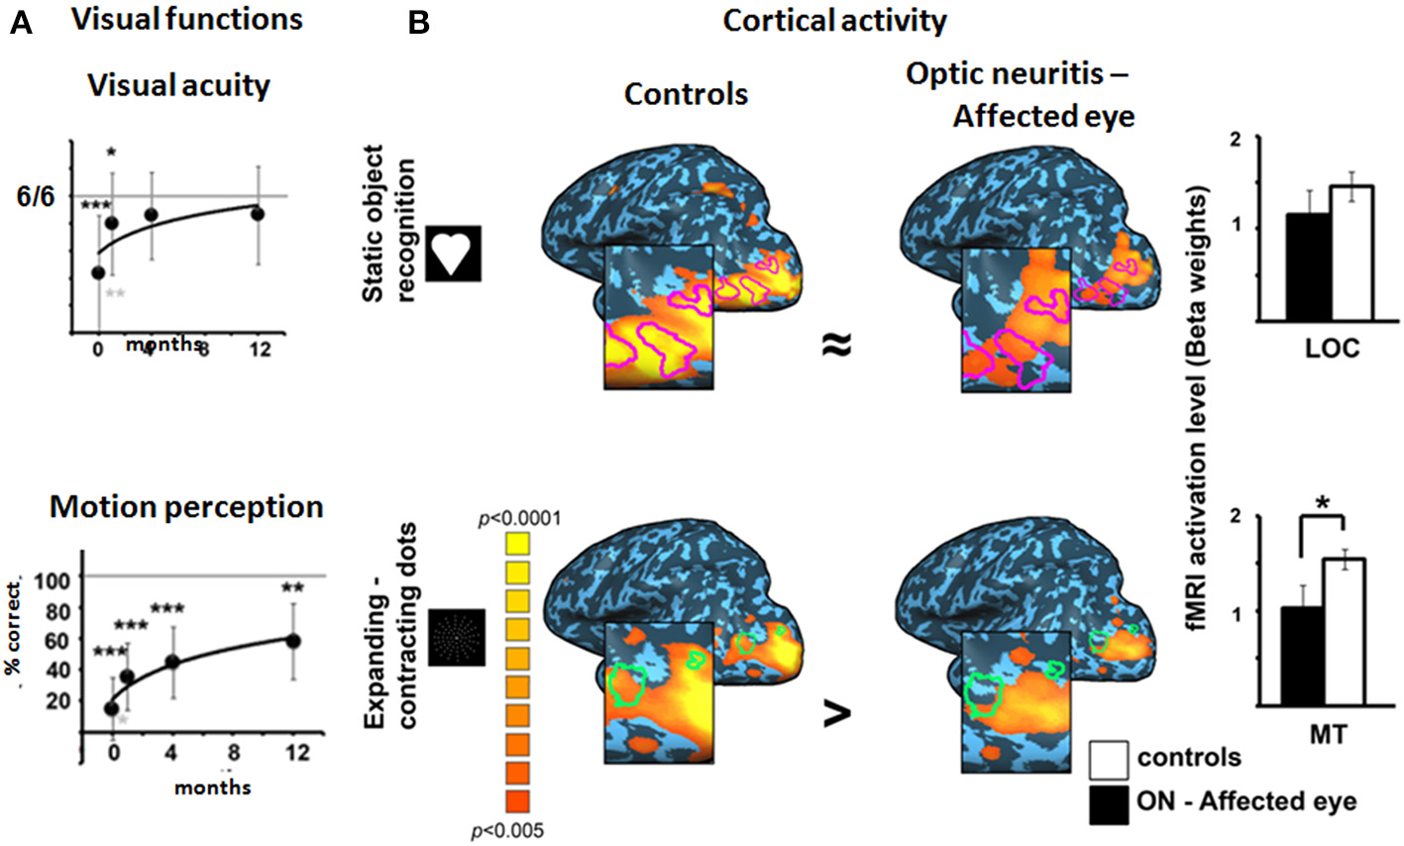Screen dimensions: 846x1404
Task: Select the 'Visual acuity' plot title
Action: click(178, 86)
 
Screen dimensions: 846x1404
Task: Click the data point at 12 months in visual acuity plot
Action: click(258, 213)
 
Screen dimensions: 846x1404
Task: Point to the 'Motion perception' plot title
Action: click(186, 507)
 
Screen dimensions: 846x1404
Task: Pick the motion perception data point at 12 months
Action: click(293, 641)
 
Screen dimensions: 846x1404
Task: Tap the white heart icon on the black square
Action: click(454, 253)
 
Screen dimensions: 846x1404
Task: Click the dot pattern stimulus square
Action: click(457, 637)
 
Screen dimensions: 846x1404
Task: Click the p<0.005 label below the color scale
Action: click(507, 830)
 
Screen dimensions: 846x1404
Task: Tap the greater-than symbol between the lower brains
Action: click(837, 713)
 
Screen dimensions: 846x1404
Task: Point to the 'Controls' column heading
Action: click(686, 95)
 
